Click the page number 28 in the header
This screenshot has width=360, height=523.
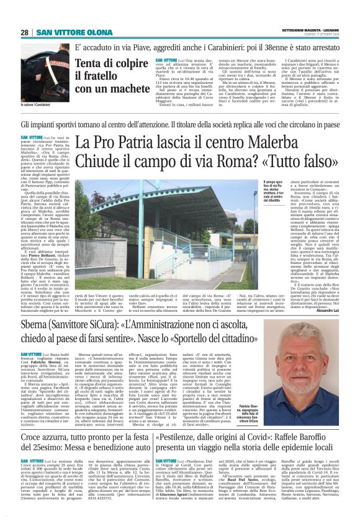24,32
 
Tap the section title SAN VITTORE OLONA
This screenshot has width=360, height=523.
65,32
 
